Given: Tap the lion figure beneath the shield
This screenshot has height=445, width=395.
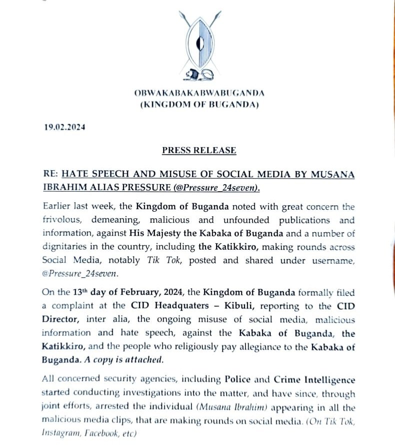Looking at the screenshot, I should [x=198, y=75].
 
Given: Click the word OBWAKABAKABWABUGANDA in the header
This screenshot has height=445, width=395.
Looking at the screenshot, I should [x=199, y=93].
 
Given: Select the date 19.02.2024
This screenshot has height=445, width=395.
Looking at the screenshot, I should [x=64, y=127].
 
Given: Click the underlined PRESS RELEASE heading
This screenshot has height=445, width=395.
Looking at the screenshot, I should [x=199, y=150].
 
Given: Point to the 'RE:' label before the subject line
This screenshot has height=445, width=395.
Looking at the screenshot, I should [x=51, y=174].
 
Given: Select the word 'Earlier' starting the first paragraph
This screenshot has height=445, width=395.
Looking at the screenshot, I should [x=57, y=207].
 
